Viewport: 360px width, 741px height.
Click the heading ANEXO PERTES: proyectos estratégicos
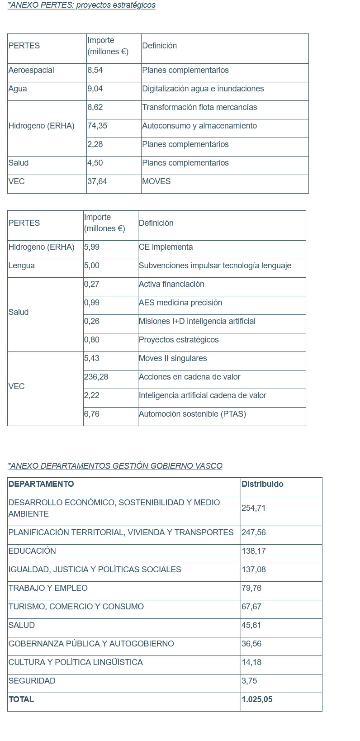[x=82, y=5]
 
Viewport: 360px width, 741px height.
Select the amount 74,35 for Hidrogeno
[x=97, y=126]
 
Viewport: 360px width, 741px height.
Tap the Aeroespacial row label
[x=31, y=70]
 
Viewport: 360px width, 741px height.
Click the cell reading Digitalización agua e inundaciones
[x=203, y=89]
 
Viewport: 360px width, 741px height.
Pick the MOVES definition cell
[x=156, y=181]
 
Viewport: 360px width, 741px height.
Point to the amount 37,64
[x=97, y=181]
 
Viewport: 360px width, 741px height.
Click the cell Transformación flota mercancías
[x=199, y=107]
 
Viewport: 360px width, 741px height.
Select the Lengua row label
[x=22, y=266]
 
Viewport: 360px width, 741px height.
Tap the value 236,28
[x=96, y=377]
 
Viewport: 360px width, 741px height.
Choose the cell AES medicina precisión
[x=180, y=303]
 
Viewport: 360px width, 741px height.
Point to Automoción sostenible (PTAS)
[x=192, y=414]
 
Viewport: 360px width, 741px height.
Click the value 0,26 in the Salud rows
[x=92, y=321]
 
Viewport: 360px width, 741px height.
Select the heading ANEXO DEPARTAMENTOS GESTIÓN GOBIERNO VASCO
[x=115, y=466]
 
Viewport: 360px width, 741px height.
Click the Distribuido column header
[x=262, y=484]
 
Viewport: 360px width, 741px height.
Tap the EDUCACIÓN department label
[x=32, y=551]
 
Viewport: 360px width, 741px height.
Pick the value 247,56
[x=254, y=532]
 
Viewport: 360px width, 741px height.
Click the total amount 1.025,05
[x=257, y=699]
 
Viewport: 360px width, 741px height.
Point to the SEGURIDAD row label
[x=32, y=681]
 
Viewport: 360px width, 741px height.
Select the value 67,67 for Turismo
[x=251, y=607]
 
